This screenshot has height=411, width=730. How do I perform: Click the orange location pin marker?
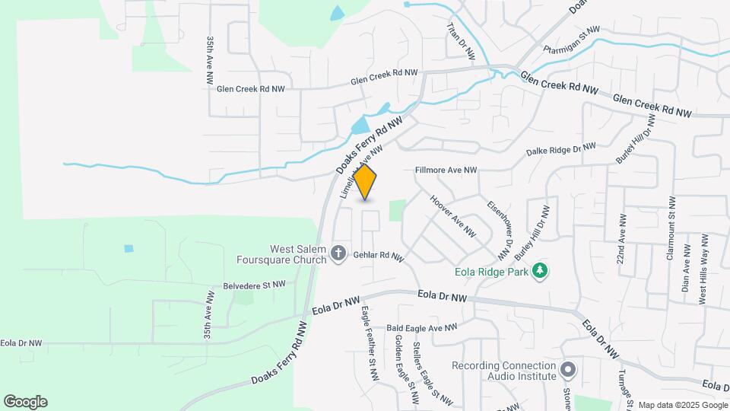coord(366,181)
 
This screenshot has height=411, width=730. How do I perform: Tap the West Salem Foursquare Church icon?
coord(339,253)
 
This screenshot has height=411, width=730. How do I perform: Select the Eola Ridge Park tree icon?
coord(541,270)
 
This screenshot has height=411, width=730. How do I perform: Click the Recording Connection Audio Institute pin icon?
coord(567,371)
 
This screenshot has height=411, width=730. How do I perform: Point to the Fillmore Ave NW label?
coord(446,170)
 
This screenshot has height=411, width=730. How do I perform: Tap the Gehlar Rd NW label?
coord(377,257)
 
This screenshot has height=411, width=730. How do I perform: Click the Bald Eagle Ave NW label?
coord(421,328)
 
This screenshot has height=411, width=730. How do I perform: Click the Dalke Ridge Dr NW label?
coord(561,149)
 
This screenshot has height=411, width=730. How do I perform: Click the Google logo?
coord(25,401)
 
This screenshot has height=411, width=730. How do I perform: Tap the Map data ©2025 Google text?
coord(681,405)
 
